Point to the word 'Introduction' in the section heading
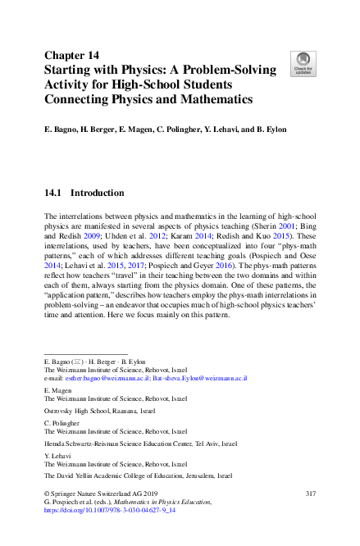tap(98, 193)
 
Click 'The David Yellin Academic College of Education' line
tap(138, 475)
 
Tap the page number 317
tap(311, 493)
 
